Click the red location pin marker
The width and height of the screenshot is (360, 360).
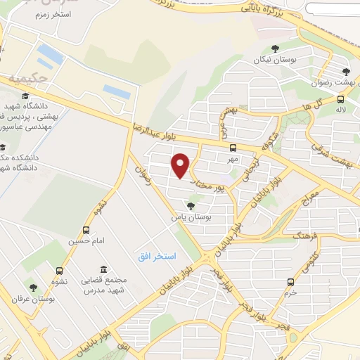[x=181, y=166]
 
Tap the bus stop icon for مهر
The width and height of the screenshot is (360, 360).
[x=233, y=148]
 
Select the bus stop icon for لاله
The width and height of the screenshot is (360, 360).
[x=340, y=99]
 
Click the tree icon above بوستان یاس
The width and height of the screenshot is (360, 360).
[x=183, y=207]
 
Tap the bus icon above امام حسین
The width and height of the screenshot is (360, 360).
[x=86, y=230]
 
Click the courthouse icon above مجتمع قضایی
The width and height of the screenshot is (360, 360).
[x=103, y=269]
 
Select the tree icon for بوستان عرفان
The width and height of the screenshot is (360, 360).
[x=32, y=287]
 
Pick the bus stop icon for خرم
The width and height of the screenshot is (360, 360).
[x=290, y=282]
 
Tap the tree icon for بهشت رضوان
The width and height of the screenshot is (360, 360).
[x=345, y=71]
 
